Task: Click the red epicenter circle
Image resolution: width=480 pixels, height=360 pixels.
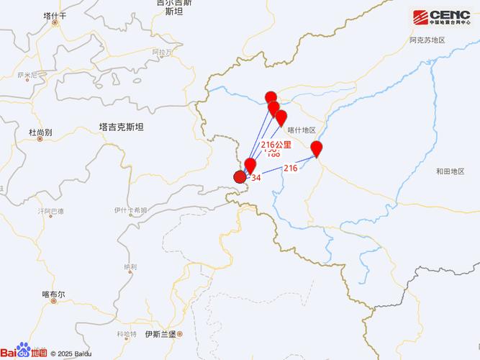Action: click(x=240, y=177)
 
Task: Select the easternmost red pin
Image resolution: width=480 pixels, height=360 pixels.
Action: click(x=316, y=149)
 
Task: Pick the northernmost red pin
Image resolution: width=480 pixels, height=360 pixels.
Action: click(x=271, y=99)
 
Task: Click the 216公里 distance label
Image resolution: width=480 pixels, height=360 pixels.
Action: click(x=276, y=145)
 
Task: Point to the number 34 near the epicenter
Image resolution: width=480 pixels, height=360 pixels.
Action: click(x=255, y=177)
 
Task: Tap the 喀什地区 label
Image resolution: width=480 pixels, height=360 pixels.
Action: click(x=302, y=130)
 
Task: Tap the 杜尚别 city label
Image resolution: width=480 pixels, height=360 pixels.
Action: click(x=40, y=132)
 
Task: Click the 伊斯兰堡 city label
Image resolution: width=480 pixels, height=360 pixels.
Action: click(x=160, y=334)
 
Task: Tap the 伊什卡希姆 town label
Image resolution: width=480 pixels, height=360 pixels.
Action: click(x=130, y=210)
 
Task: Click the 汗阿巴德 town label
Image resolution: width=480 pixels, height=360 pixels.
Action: click(x=50, y=211)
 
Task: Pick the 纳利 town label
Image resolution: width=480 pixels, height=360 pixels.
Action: click(x=130, y=266)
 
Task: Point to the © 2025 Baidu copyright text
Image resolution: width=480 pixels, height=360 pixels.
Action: click(x=71, y=353)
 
